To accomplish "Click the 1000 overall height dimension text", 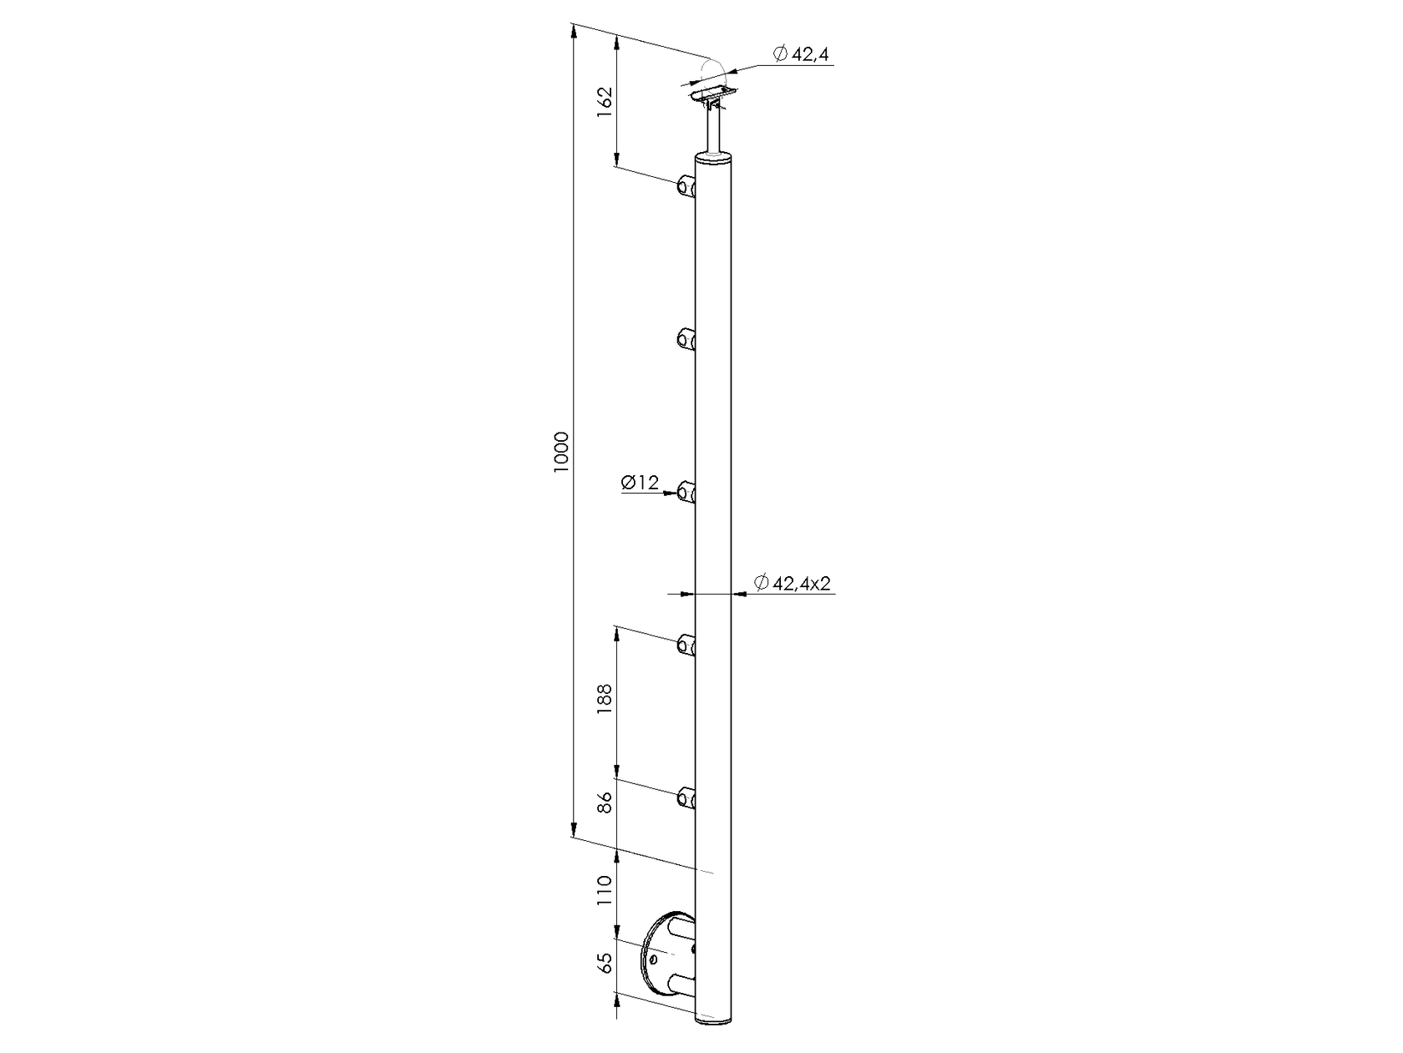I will pyautogui.click(x=560, y=453).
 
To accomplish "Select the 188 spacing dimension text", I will pyautogui.click(x=605, y=698).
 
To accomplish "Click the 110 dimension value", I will pyautogui.click(x=605, y=891).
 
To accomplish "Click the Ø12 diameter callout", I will pyautogui.click(x=641, y=482).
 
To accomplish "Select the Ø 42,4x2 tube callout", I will pyautogui.click(x=793, y=583).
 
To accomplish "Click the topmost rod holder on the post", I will pyautogui.click(x=686, y=186).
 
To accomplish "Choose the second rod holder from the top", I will pyautogui.click(x=686, y=338).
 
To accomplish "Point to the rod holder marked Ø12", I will pyautogui.click(x=686, y=493).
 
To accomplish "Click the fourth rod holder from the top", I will pyautogui.click(x=686, y=645).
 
